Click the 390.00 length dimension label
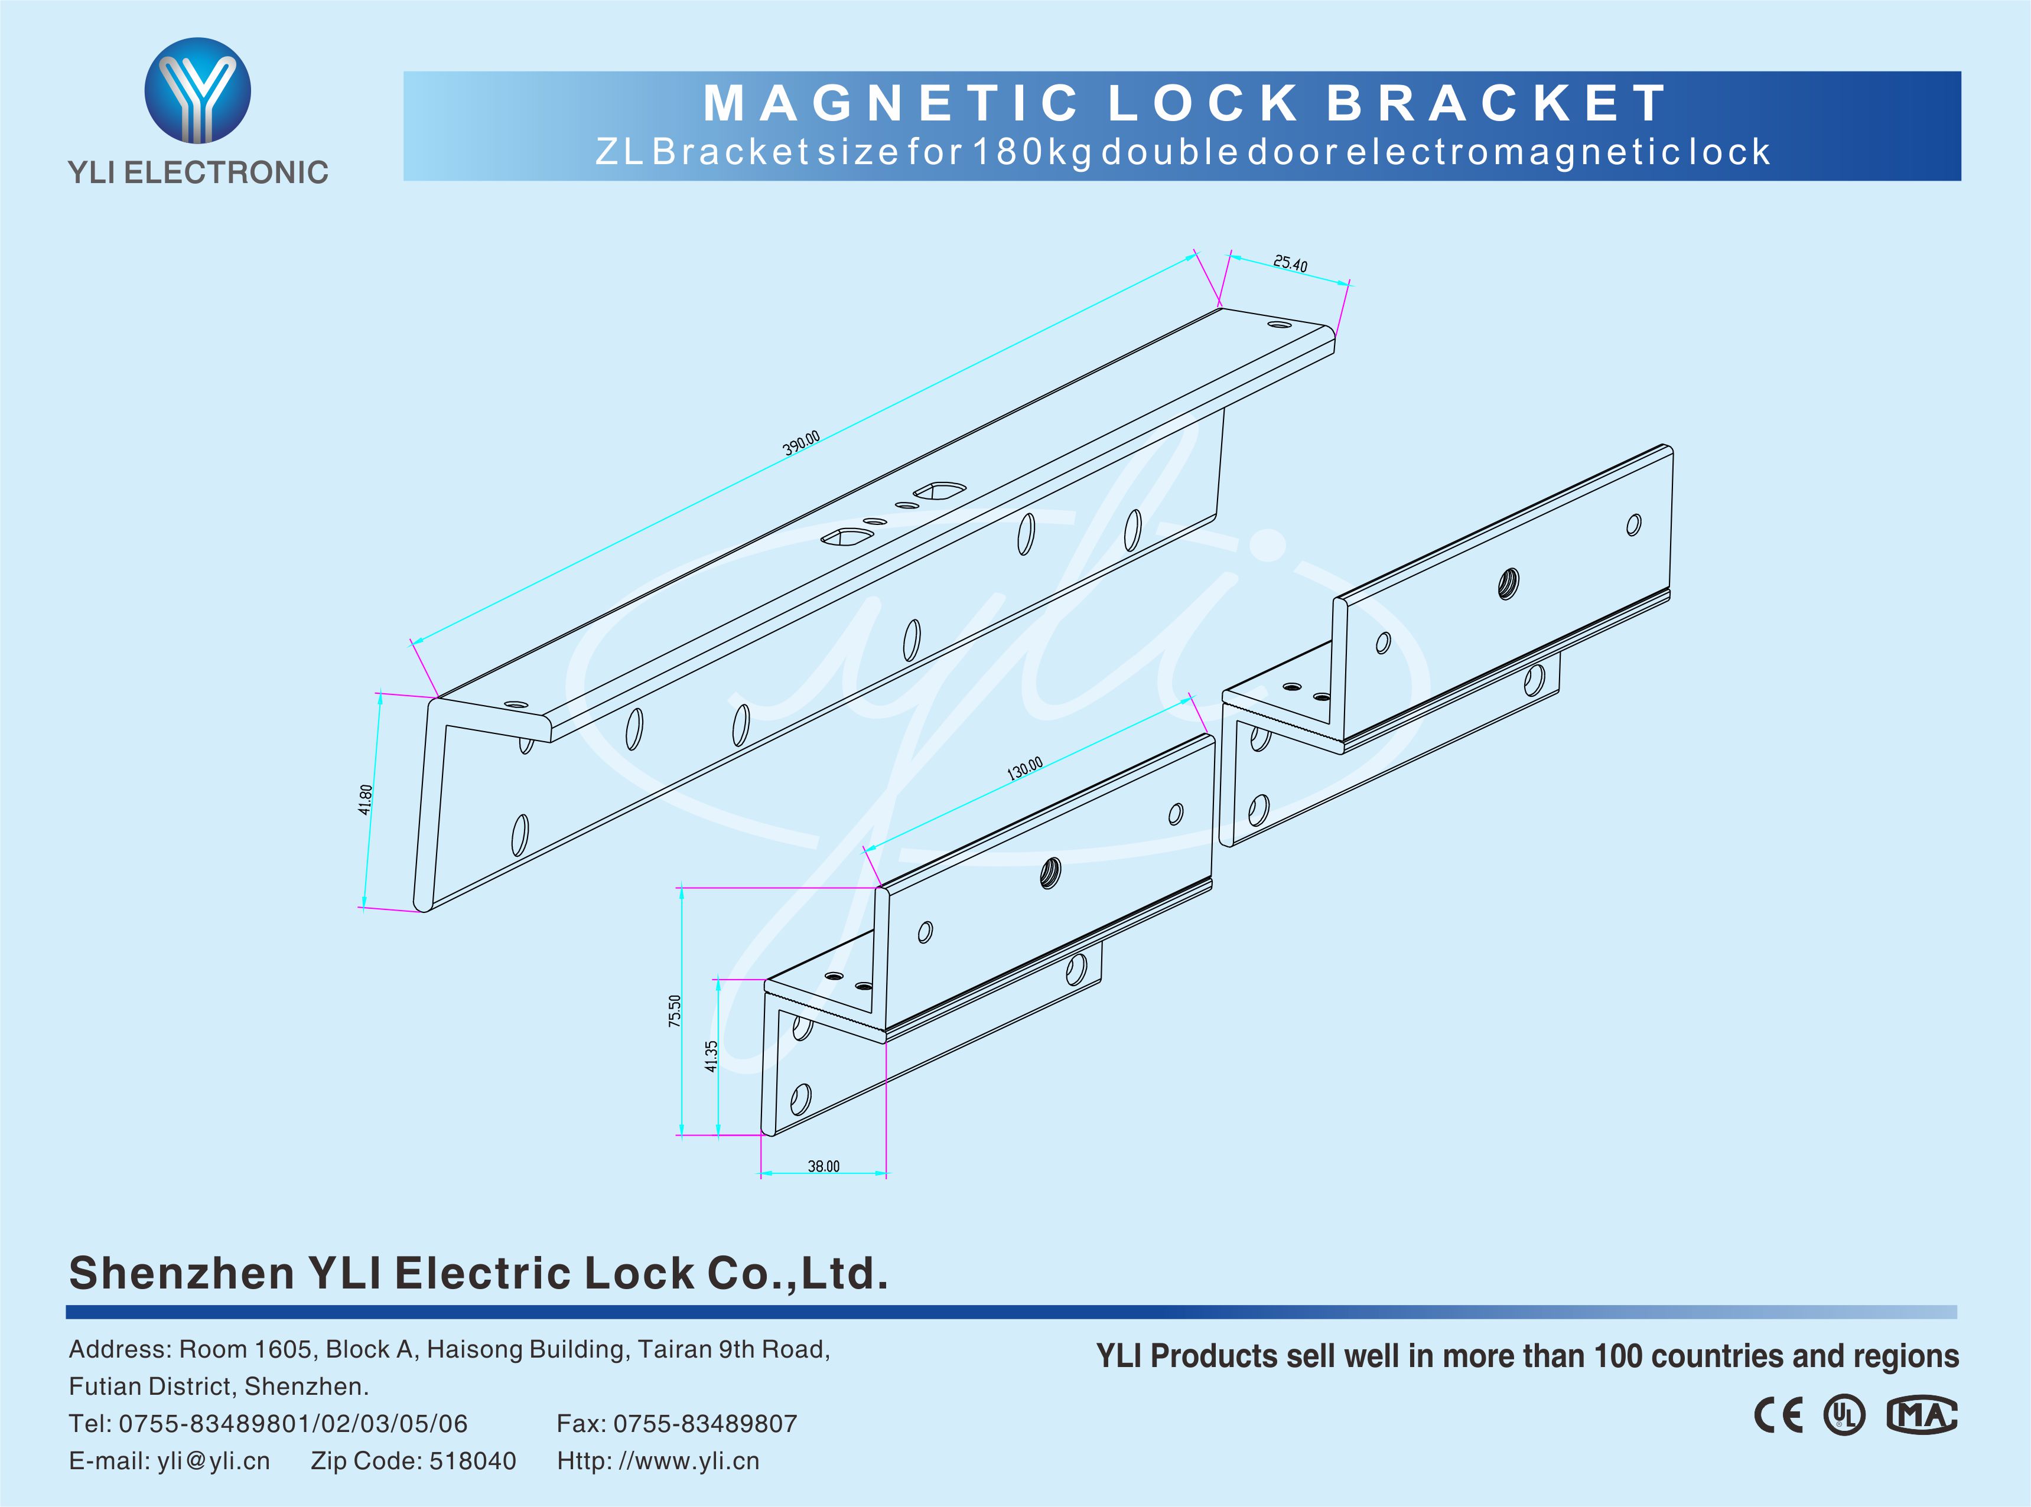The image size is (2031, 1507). click(x=801, y=443)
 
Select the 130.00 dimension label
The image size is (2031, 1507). click(x=1024, y=768)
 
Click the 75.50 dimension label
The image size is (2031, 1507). click(x=674, y=1011)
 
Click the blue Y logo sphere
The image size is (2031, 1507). click(x=197, y=90)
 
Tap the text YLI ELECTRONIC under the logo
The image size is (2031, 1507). click(x=198, y=172)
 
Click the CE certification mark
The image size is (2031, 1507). click(x=1778, y=1415)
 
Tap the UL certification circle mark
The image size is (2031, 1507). click(x=1844, y=1415)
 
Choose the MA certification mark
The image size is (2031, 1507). click(x=1922, y=1415)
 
